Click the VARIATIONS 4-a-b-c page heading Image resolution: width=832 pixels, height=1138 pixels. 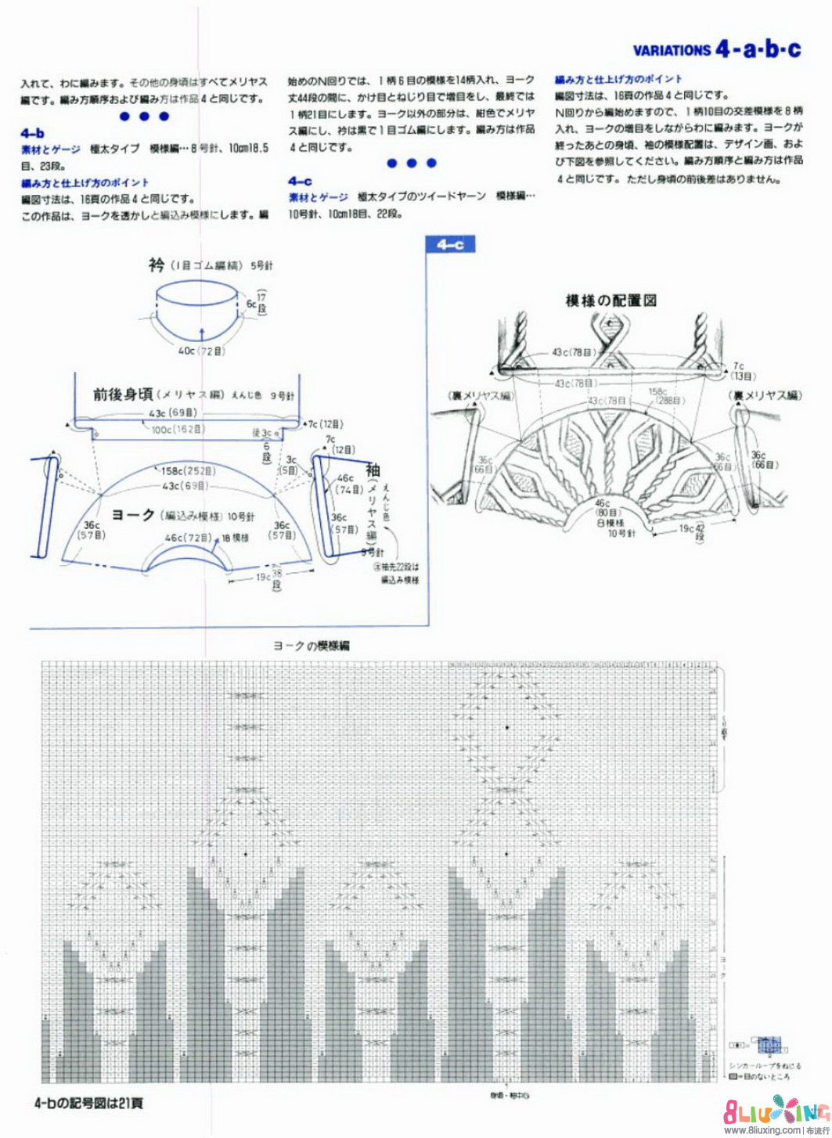point(716,49)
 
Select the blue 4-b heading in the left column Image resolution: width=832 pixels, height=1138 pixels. point(33,133)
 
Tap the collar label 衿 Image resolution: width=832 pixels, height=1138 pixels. point(157,265)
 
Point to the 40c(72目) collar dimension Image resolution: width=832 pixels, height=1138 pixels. point(201,351)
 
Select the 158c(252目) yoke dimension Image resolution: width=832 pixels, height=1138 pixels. point(188,471)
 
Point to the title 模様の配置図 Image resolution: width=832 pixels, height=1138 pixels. point(610,300)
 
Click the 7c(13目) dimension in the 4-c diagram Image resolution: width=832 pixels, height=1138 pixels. point(738,370)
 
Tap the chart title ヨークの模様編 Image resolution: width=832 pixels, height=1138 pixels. point(311,646)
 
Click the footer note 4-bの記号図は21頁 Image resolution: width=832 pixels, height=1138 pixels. point(88,1104)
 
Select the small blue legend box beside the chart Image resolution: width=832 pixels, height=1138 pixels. point(770,1044)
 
